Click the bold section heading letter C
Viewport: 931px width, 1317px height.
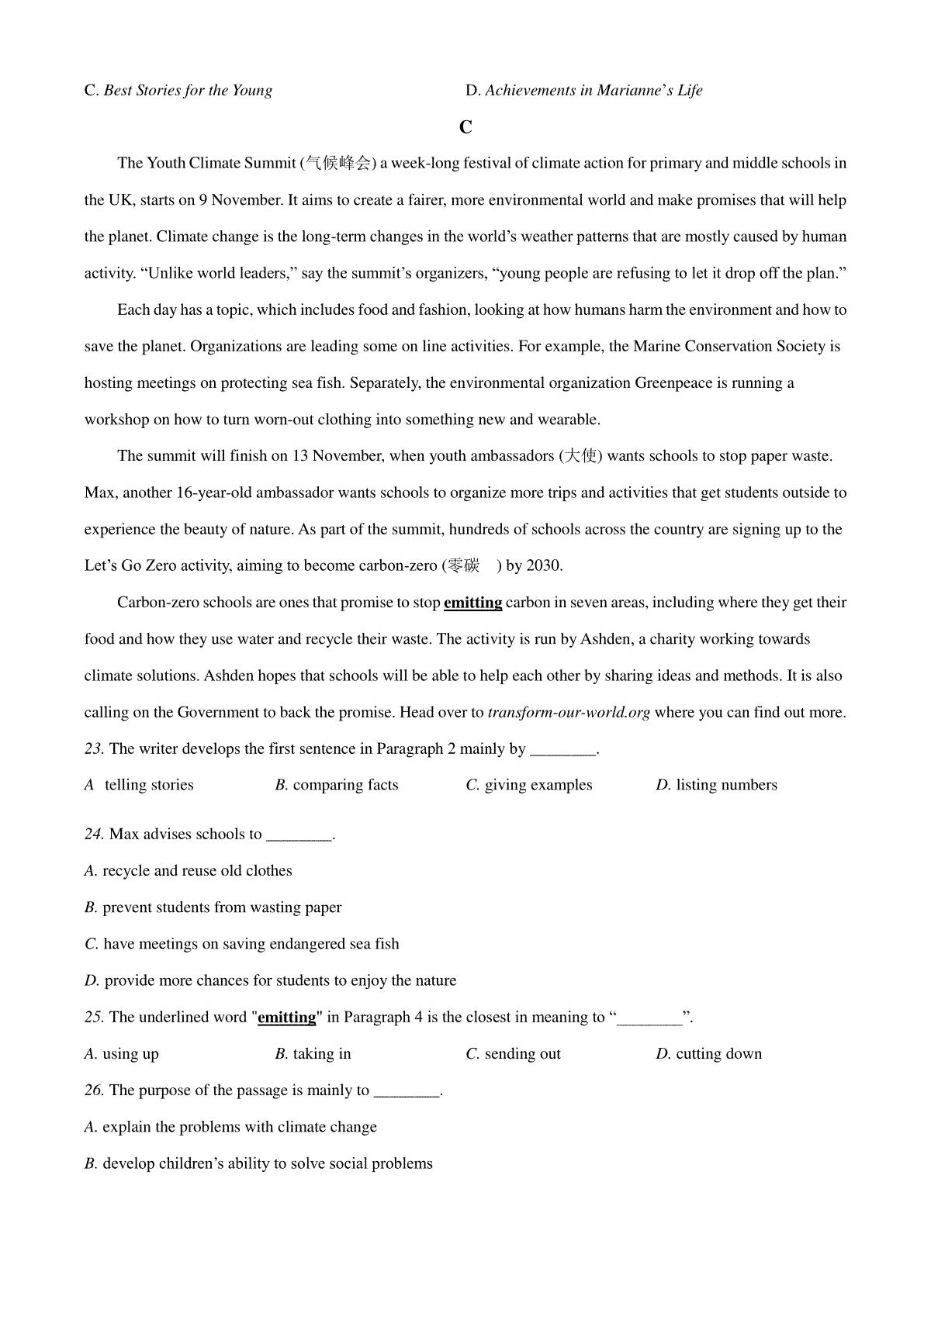(465, 127)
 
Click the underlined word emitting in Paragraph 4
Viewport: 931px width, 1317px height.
(472, 603)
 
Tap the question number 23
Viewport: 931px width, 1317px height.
(94, 749)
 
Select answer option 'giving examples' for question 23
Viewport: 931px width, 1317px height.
(538, 785)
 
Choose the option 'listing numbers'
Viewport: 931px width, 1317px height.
(726, 785)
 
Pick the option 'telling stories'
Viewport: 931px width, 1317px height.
(149, 785)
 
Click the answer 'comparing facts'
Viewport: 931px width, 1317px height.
(345, 785)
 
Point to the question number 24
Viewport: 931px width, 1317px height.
(94, 835)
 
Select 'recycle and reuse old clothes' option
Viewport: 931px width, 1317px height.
(197, 871)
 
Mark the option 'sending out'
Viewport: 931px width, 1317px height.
(522, 1054)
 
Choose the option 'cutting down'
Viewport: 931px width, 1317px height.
(718, 1054)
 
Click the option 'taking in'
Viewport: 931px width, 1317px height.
(322, 1054)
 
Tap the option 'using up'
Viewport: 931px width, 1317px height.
(130, 1054)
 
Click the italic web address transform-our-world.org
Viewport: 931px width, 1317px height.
(569, 713)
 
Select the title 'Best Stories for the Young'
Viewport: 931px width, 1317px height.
(188, 91)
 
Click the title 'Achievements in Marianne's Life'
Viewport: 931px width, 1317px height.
(594, 91)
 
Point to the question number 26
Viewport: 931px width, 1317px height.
(94, 1091)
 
